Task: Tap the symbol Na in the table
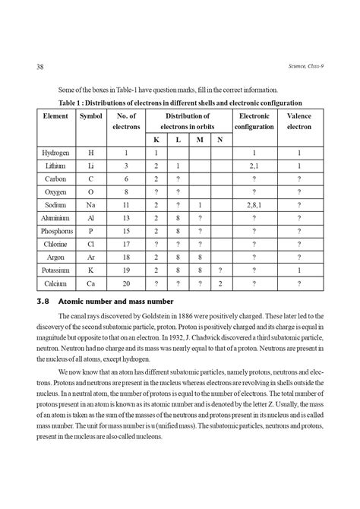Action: coord(91,205)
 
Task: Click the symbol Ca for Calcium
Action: coord(91,283)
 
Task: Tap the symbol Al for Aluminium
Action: coord(91,218)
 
